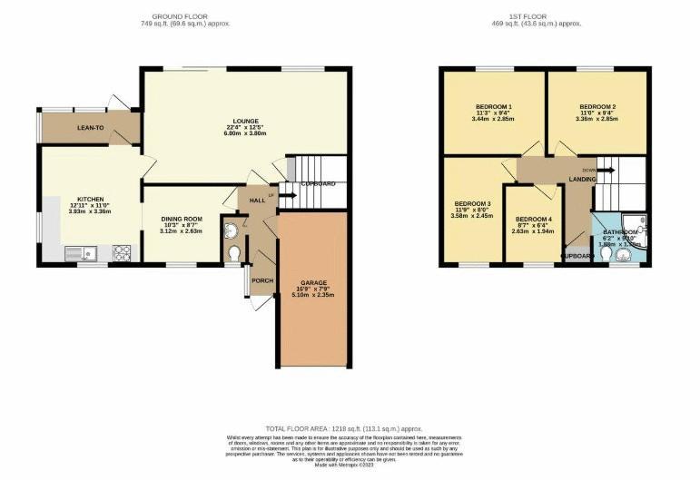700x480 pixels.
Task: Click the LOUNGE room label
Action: tap(245, 121)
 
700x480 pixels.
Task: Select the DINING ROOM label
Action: tap(181, 219)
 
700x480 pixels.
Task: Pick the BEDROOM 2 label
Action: tap(596, 106)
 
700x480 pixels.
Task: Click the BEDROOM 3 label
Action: tap(473, 203)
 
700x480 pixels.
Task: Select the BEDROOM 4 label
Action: tap(532, 219)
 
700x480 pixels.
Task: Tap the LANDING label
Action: tap(582, 180)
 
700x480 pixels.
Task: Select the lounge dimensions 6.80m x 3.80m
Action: tap(245, 133)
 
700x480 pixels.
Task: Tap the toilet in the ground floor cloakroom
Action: tap(234, 252)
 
